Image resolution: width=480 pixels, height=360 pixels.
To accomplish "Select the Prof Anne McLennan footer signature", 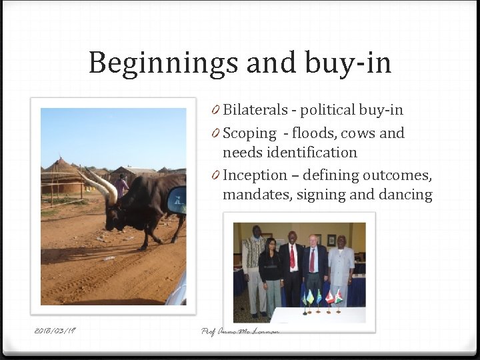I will (x=239, y=331).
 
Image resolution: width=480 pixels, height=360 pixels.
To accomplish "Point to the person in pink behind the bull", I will (x=121, y=185).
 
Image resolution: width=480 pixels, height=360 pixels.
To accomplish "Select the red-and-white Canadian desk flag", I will (x=330, y=297).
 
